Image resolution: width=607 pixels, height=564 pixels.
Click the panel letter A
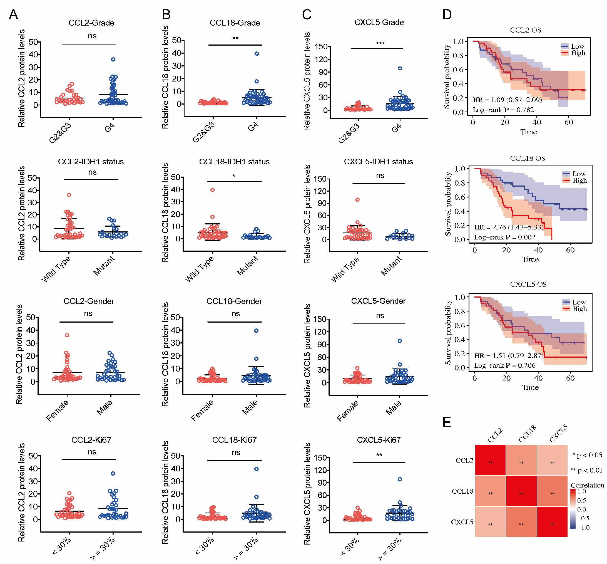pyautogui.click(x=13, y=14)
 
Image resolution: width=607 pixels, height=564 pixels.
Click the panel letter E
pyautogui.click(x=447, y=422)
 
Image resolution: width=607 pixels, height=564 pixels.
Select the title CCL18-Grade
pyautogui.click(x=235, y=23)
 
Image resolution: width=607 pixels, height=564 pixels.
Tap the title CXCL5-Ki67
pyautogui.click(x=379, y=440)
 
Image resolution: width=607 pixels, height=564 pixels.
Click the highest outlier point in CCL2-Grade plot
pyautogui.click(x=113, y=60)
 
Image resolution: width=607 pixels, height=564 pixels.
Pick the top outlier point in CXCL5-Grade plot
pyautogui.click(x=400, y=68)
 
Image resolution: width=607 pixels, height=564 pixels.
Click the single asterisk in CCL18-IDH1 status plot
pyautogui.click(x=234, y=176)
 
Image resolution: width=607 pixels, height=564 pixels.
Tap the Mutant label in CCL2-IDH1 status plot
pyautogui.click(x=104, y=266)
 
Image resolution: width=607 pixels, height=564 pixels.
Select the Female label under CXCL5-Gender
pyautogui.click(x=347, y=411)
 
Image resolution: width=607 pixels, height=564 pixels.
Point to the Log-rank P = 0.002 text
pyautogui.click(x=504, y=237)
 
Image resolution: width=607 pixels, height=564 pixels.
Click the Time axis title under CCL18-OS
pyautogui.click(x=530, y=259)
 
